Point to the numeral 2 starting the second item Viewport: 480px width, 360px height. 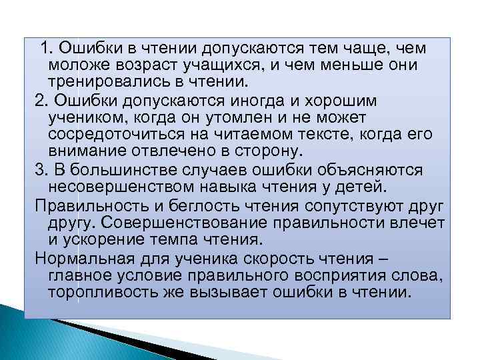pyautogui.click(x=38, y=101)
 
